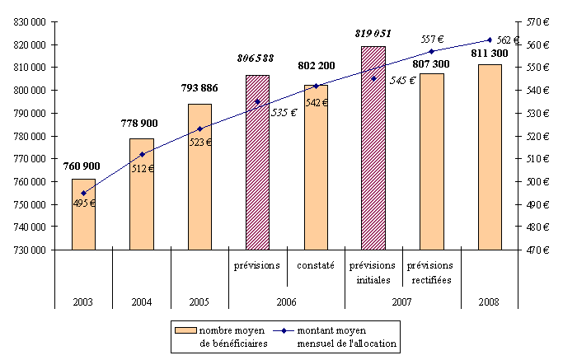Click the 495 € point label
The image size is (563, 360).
click(82, 203)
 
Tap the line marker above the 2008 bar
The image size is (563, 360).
click(490, 40)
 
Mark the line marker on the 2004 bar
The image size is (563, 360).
click(142, 154)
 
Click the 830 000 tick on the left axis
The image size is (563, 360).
click(30, 21)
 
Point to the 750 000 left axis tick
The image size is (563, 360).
click(30, 204)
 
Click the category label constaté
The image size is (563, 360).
click(316, 265)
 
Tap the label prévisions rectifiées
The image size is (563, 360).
click(432, 273)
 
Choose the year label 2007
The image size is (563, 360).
click(402, 302)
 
